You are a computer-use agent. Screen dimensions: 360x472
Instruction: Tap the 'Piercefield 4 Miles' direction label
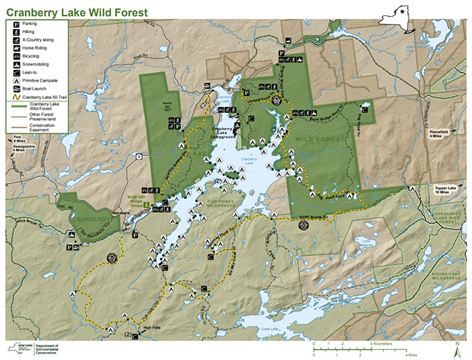click(x=441, y=133)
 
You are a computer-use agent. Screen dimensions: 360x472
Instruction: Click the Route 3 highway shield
click(x=138, y=156)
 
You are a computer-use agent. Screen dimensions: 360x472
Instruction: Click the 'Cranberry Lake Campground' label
click(x=224, y=130)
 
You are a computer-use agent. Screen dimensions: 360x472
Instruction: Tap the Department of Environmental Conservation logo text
click(x=47, y=348)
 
